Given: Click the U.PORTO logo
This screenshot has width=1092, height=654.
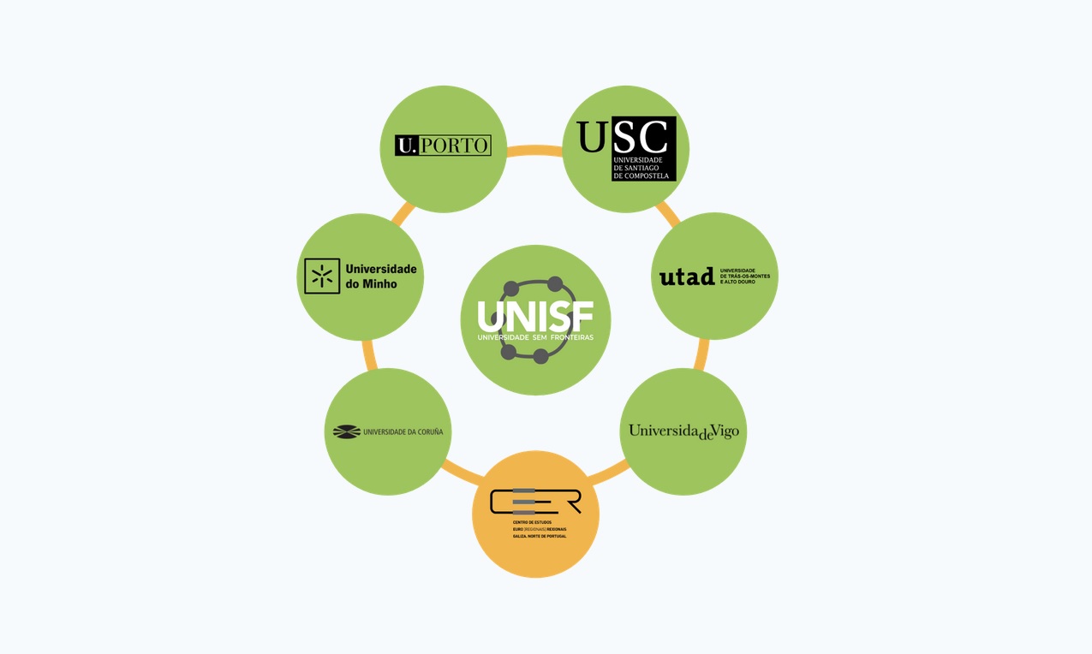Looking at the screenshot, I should point(443,146).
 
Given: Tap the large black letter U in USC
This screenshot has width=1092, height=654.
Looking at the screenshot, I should point(591,138).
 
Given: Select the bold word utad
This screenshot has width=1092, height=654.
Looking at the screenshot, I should point(687,276).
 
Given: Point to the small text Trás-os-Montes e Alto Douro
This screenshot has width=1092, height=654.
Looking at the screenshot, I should point(745,276).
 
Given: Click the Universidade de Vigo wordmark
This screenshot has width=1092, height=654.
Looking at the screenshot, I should point(683,431).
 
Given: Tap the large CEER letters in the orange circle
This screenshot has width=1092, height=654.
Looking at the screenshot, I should point(534,501).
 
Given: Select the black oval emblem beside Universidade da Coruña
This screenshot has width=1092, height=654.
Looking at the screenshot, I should point(347,431).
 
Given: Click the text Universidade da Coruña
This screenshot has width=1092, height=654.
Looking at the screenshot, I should point(403,432).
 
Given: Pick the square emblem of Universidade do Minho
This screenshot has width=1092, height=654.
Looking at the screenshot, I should point(322,276).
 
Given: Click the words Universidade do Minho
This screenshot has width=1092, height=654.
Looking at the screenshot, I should point(380,276).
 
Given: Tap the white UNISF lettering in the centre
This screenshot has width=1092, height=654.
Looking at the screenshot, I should point(535,317).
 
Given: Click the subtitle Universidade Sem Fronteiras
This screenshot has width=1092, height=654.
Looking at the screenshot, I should point(535,337).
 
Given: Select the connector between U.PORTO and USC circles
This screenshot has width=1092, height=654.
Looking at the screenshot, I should point(534,151).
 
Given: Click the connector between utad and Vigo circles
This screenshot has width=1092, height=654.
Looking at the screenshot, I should point(702,354).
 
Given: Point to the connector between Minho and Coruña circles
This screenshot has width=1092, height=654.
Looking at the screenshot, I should point(369,354).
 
